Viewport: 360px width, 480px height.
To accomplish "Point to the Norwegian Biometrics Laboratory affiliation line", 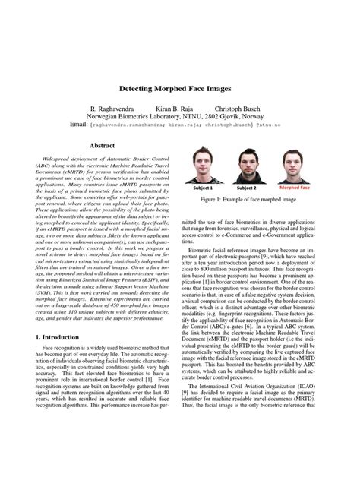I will [x=179, y=118].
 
